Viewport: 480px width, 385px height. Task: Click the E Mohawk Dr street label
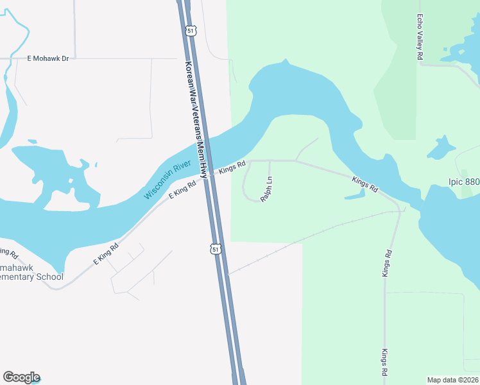[47, 58]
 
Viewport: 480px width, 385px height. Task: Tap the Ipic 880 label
[463, 182]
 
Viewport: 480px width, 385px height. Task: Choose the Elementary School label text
[32, 277]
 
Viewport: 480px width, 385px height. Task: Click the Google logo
[21, 377]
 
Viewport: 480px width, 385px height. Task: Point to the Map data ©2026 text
[452, 380]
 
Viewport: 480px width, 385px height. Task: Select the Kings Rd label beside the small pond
[364, 184]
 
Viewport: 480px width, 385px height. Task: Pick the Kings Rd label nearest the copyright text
[384, 363]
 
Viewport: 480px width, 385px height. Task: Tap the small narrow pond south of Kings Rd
[355, 194]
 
